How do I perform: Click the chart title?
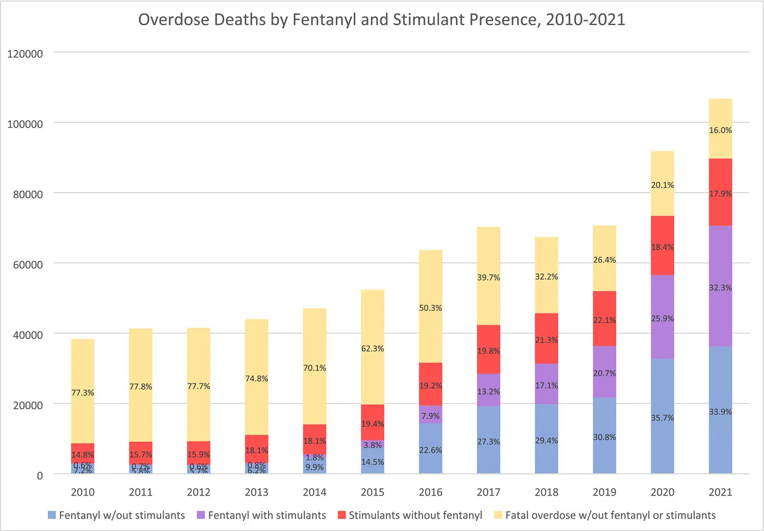pos(381,19)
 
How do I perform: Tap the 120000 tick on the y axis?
pos(25,54)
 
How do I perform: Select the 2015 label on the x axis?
pos(373,492)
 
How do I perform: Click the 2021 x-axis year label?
pos(720,492)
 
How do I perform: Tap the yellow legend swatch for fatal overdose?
pos(498,515)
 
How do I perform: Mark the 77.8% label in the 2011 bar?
pos(141,387)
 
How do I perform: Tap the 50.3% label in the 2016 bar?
pos(430,308)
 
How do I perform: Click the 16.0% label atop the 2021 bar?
pos(720,130)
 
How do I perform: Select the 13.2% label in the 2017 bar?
pos(488,391)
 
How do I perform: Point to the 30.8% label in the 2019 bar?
pos(604,437)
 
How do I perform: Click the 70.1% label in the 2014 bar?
pos(314,368)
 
